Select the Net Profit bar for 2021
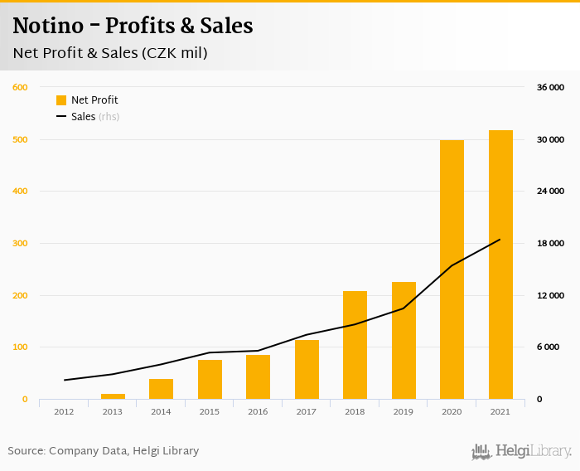pyautogui.click(x=500, y=265)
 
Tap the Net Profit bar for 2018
pyautogui.click(x=355, y=345)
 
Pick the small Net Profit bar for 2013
pyautogui.click(x=113, y=396)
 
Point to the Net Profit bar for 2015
pyautogui.click(x=210, y=380)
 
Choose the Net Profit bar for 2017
pyautogui.click(x=307, y=370)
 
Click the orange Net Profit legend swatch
pyautogui.click(x=61, y=100)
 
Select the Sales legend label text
pyautogui.click(x=83, y=117)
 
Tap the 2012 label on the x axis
pyautogui.click(x=65, y=411)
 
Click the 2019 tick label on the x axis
pyautogui.click(x=404, y=411)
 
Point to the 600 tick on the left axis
pyautogui.click(x=20, y=87)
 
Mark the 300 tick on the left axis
pyautogui.click(x=20, y=244)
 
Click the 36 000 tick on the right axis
pyautogui.click(x=550, y=87)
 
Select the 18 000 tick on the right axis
pyautogui.click(x=550, y=244)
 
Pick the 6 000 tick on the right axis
pyautogui.click(x=553, y=347)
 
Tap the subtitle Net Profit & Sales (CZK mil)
pyautogui.click(x=110, y=54)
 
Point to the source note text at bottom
pyautogui.click(x=104, y=451)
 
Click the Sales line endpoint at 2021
pyautogui.click(x=500, y=240)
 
